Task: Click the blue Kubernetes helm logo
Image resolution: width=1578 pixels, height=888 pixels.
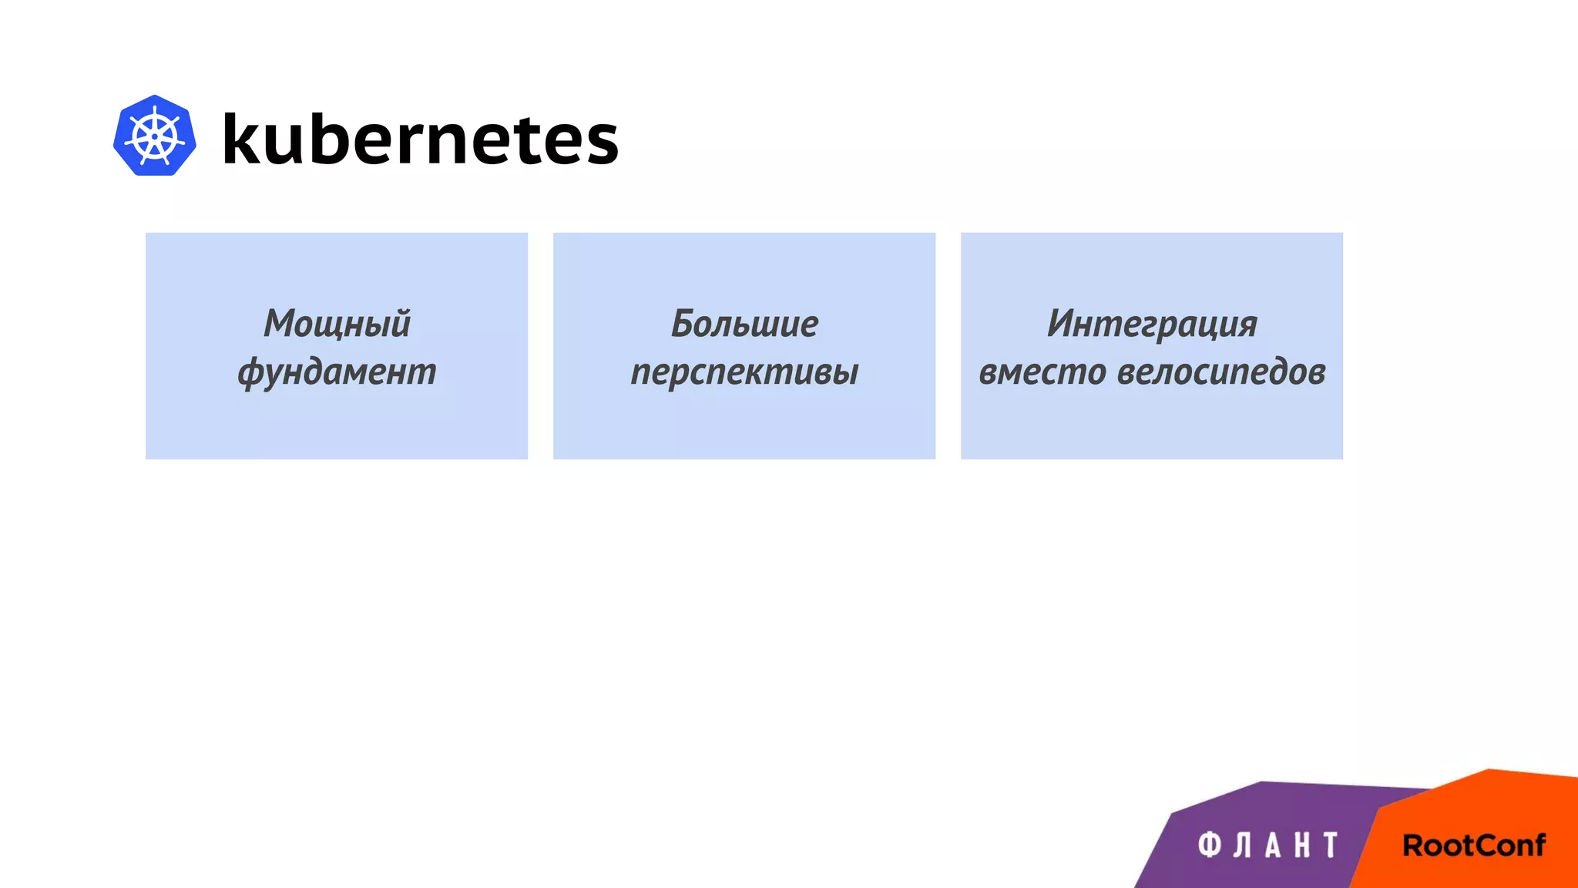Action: pos(154,136)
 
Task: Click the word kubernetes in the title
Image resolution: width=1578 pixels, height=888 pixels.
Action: pos(420,139)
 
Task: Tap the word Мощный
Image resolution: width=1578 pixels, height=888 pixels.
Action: pos(337,324)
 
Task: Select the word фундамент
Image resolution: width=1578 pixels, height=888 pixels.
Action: pos(337,372)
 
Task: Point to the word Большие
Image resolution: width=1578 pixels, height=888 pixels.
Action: pos(744,324)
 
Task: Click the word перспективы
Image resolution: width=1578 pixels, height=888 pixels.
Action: pos(744,372)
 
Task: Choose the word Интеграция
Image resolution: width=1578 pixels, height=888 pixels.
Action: pos(1152,324)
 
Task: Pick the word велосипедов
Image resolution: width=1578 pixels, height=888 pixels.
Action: pos(1221,372)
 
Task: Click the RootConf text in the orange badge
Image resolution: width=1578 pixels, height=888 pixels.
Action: pos(1473,846)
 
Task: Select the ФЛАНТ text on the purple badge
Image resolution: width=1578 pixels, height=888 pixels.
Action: pos(1267,846)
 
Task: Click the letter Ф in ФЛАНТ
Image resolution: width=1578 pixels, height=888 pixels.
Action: pos(1210,846)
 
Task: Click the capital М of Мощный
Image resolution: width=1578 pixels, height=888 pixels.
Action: pos(279,324)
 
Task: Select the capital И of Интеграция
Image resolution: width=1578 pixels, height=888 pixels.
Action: pos(1062,324)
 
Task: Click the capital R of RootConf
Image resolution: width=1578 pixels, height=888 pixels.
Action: pos(1414,846)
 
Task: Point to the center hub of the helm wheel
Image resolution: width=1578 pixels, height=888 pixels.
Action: pos(155,137)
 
